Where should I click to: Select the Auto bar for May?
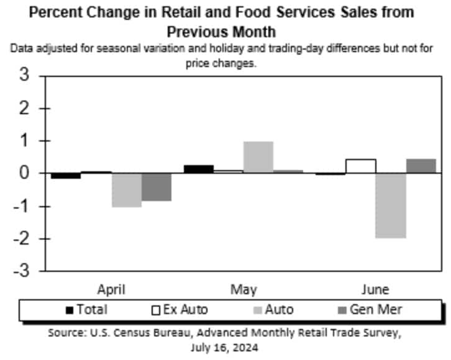point(258,157)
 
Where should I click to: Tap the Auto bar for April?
point(127,190)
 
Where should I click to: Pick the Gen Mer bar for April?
point(157,187)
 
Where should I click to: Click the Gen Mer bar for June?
point(421,166)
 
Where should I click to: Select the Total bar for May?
point(198,169)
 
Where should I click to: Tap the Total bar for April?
point(66,176)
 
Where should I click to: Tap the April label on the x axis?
point(112,289)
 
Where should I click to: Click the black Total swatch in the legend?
point(70,309)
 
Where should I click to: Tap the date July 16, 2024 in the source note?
point(225,348)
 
